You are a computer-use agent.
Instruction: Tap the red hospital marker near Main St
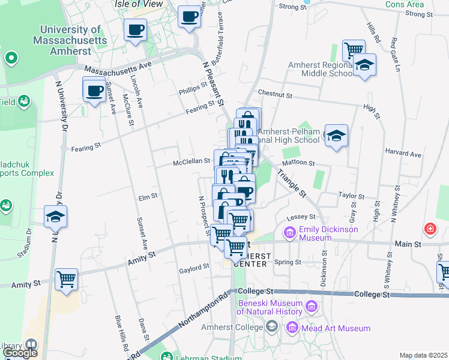[430, 229]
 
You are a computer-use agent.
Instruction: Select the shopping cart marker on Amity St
[66, 279]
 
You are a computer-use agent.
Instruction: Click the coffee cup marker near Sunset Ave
[94, 91]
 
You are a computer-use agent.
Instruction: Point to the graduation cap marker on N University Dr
[55, 217]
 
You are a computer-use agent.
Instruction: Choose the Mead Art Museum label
[336, 328]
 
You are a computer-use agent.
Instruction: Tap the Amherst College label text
[237, 328]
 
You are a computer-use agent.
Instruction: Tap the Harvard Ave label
[403, 154]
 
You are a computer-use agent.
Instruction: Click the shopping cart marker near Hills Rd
[353, 50]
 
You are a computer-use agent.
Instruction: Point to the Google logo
[20, 353]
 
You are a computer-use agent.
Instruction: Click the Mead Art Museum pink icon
[292, 328]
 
